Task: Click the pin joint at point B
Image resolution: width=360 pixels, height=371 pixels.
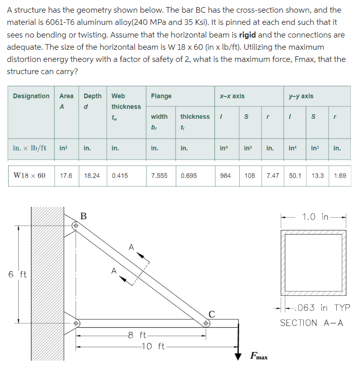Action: pos(77,225)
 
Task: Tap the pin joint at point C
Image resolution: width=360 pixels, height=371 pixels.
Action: pos(207,322)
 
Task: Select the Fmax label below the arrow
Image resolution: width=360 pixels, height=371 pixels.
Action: pos(260,356)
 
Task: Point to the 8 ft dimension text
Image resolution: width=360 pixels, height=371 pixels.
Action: pos(137,335)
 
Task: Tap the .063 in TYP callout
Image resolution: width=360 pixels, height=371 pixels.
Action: pos(322,308)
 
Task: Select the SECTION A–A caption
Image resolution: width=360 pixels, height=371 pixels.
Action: pos(311,323)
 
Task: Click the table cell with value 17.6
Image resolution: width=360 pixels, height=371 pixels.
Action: pos(66,176)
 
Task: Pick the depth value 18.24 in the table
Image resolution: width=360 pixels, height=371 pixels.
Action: pos(91,176)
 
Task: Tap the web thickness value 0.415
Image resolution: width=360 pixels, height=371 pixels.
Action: pos(120,176)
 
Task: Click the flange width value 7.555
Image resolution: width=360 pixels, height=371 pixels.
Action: pos(159,176)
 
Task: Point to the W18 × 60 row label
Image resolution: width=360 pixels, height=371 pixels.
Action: pos(29,176)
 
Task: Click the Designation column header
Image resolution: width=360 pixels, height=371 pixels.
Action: pos(31,96)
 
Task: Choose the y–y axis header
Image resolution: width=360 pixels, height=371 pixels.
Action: pos(301,96)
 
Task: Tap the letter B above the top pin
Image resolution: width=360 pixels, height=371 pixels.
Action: pos(84,216)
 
